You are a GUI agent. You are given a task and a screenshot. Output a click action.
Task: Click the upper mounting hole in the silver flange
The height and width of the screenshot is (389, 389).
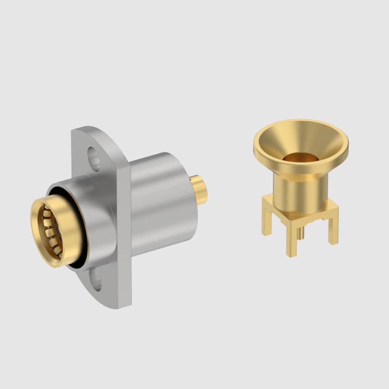[x=94, y=158]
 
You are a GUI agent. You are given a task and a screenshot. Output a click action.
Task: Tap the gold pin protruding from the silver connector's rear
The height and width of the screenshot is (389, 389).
[x=199, y=189]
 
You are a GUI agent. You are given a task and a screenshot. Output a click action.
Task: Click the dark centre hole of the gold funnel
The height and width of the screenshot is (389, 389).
[x=300, y=158]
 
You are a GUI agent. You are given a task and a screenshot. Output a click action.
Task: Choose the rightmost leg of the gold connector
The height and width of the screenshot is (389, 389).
[x=333, y=230]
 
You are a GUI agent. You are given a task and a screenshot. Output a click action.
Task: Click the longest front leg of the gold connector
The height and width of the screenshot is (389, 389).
[x=291, y=242]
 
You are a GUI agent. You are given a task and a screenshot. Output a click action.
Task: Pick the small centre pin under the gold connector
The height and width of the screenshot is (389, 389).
[x=300, y=233]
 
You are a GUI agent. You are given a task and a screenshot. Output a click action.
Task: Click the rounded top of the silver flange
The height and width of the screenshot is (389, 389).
[x=97, y=133]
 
